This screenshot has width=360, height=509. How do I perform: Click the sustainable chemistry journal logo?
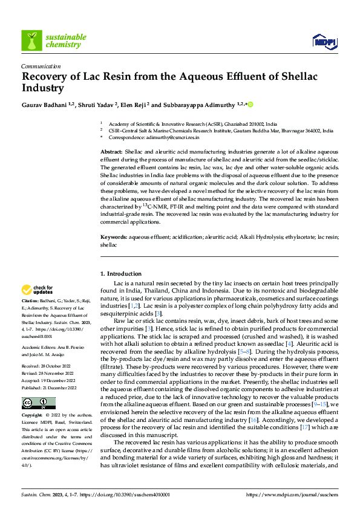(x=54, y=41)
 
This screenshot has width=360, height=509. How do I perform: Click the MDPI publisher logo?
(x=322, y=41)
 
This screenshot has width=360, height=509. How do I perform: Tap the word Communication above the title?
(x=41, y=66)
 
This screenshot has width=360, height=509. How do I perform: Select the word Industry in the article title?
(x=43, y=88)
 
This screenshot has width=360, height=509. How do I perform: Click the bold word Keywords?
(x=114, y=238)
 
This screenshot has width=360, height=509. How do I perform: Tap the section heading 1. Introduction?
(x=120, y=274)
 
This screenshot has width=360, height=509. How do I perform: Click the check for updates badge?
(x=38, y=290)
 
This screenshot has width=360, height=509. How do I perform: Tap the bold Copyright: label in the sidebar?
(x=33, y=415)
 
